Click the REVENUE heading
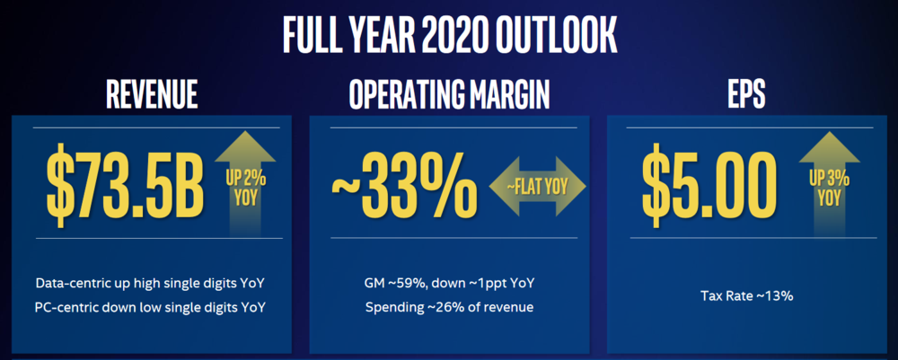click(152, 94)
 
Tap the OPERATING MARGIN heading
click(449, 94)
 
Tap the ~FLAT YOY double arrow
click(538, 186)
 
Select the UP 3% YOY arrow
click(829, 183)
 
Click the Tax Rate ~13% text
click(747, 296)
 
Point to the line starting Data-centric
click(151, 283)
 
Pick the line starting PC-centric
click(151, 307)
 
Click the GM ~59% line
click(450, 283)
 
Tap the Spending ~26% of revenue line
click(450, 307)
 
